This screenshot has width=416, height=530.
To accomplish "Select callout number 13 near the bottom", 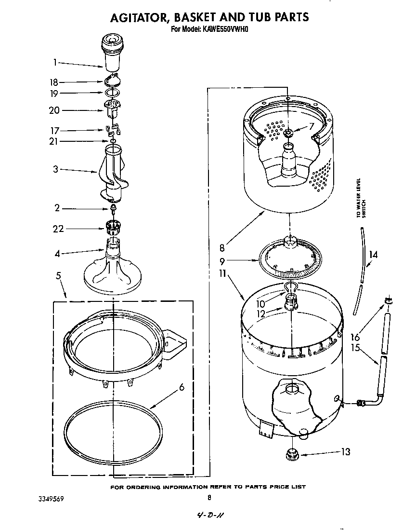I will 345,452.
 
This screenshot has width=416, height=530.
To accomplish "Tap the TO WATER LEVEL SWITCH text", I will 361,198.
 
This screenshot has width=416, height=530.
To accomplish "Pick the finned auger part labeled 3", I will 113,174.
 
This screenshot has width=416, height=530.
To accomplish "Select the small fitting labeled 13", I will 291,454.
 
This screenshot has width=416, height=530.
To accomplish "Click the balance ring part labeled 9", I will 289,260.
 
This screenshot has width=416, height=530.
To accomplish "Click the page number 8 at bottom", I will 209,498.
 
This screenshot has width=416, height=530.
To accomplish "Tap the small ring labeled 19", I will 112,93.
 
